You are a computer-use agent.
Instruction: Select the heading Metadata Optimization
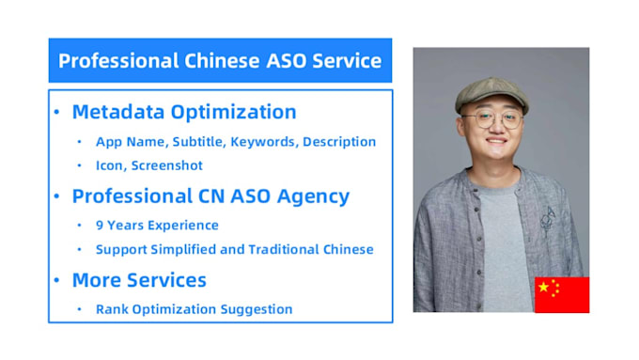click(184, 113)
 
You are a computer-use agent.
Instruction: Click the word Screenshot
click(166, 165)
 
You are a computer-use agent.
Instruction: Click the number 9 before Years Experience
click(100, 226)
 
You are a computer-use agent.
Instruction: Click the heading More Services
click(139, 280)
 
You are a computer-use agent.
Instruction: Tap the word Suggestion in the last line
click(258, 308)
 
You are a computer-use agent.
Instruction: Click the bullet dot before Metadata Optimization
click(56, 113)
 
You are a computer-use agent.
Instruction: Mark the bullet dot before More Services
click(56, 280)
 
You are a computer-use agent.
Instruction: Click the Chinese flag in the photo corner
click(562, 294)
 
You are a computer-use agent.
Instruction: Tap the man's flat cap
click(491, 93)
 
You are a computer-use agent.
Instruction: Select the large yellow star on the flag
click(544, 287)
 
